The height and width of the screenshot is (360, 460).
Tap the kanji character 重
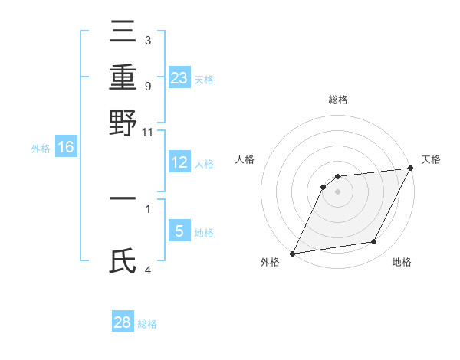123,77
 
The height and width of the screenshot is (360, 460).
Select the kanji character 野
123,122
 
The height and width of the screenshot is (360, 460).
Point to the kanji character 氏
123,262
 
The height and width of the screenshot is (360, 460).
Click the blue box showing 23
179,77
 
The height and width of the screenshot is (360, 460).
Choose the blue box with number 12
179,162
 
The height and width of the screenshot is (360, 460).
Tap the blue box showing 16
66,148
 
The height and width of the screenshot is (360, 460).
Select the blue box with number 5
179,231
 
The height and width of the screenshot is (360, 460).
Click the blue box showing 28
123,322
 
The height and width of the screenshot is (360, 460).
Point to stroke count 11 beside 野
147,132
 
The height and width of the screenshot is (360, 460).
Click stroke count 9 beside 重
147,86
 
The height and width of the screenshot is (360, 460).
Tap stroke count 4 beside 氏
147,270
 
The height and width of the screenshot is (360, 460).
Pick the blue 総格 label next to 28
147,324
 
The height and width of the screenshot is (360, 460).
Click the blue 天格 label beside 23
204,79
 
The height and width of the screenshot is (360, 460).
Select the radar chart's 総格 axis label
338,100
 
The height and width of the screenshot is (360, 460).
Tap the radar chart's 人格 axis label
245,159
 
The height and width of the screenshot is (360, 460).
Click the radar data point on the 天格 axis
411,169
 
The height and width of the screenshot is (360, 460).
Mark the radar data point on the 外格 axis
292,254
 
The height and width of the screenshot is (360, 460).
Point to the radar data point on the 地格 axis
374,242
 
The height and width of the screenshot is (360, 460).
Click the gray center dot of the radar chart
338,191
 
